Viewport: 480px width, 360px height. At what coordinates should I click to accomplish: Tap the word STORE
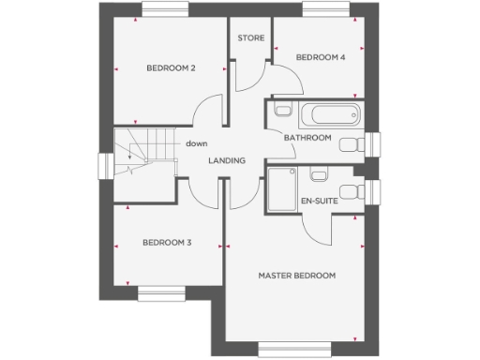click(249, 38)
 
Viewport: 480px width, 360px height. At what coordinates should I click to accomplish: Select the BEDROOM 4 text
click(321, 57)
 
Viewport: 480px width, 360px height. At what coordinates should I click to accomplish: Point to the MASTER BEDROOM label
click(297, 275)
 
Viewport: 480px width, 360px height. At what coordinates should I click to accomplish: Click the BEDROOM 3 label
click(167, 243)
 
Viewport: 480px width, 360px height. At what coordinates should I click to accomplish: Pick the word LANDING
click(227, 160)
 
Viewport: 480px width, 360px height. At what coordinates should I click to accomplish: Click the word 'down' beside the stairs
click(196, 143)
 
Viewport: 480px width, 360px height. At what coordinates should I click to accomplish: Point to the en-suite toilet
click(350, 191)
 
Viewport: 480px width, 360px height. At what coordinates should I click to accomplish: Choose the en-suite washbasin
click(317, 174)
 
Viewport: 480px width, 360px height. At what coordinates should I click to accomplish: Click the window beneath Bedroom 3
click(163, 294)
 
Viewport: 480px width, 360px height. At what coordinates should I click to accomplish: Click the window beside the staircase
click(104, 165)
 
